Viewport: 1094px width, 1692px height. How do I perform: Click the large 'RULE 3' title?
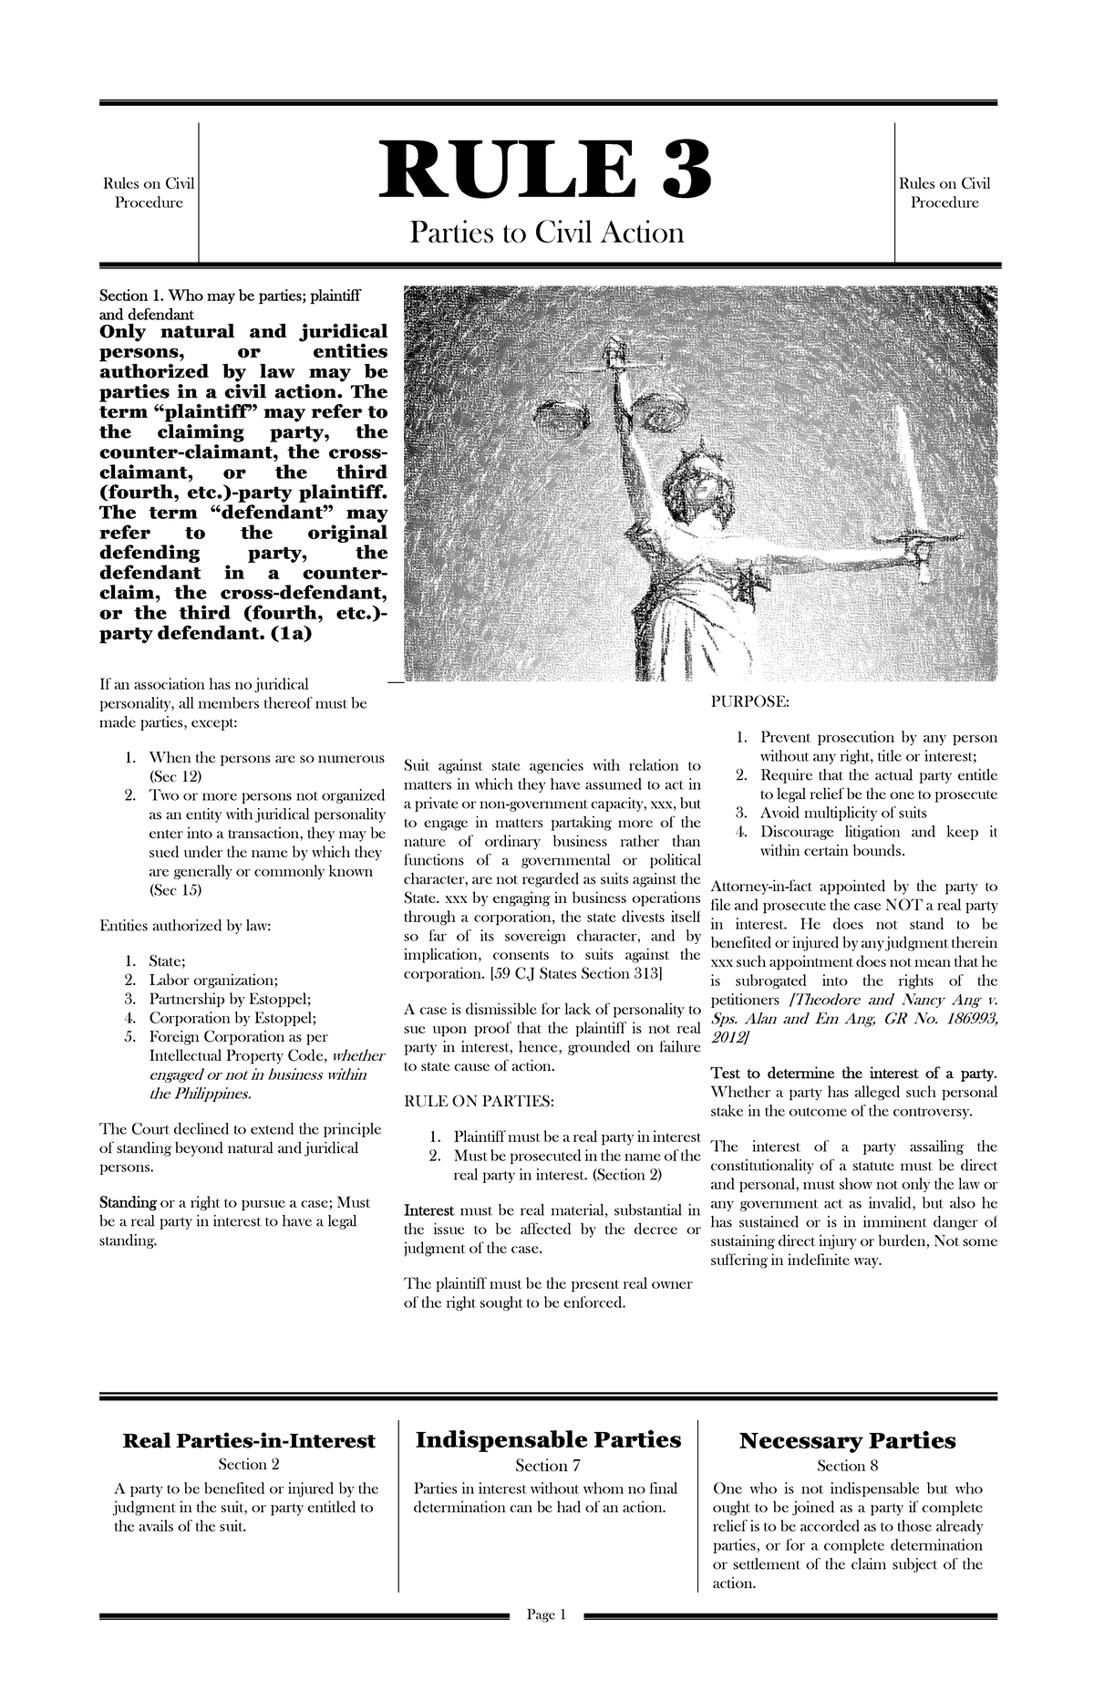(x=546, y=173)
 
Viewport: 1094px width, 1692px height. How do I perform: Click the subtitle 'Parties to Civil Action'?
(x=546, y=234)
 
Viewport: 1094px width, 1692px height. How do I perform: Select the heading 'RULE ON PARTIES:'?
(x=478, y=1101)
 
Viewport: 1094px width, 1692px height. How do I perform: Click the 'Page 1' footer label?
(x=546, y=1667)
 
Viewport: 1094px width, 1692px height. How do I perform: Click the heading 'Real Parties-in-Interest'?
(x=249, y=1440)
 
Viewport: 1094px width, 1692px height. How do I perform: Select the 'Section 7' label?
(x=547, y=1466)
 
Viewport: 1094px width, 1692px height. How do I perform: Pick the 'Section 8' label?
(x=847, y=1466)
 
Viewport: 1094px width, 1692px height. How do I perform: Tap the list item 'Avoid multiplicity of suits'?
(x=843, y=813)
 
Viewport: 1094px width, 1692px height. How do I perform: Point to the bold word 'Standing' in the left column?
(x=127, y=1202)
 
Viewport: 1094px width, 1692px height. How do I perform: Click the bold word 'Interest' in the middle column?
(x=428, y=1209)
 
